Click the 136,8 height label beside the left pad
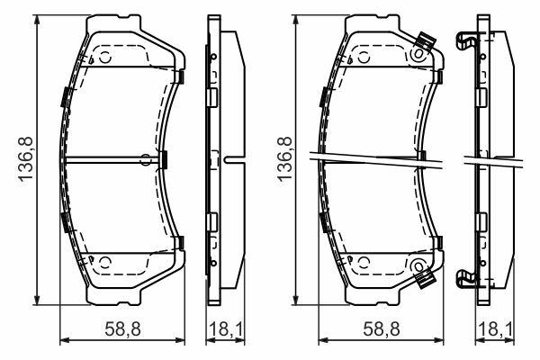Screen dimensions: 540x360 click(x=25, y=158)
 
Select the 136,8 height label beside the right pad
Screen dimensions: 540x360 click(x=284, y=158)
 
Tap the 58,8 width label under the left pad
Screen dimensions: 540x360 click(x=123, y=328)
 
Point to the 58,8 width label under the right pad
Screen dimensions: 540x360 click(x=382, y=328)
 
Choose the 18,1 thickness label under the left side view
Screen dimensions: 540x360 click(x=226, y=328)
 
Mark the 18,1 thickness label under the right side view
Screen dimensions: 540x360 click(x=496, y=328)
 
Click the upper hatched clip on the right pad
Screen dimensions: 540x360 click(x=426, y=41)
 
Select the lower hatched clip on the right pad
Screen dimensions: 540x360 click(x=426, y=278)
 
